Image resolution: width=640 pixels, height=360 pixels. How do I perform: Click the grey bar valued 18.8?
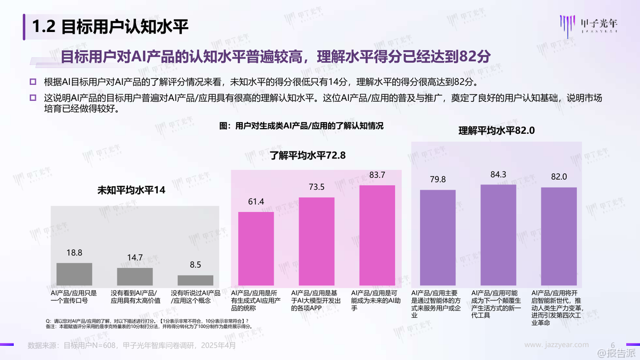[74, 274]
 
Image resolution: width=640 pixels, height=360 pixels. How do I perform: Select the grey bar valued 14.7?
[135, 276]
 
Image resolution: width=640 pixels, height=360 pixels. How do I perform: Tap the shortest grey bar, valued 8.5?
[195, 280]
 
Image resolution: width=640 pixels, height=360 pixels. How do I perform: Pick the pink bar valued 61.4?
[256, 249]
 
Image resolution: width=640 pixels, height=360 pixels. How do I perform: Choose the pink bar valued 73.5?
[317, 241]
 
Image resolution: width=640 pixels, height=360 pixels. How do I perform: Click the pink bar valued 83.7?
[377, 235]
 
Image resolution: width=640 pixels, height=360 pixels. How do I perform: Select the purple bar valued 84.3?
[499, 235]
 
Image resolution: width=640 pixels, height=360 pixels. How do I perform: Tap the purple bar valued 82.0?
[559, 236]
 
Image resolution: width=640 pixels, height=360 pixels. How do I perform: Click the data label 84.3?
[499, 174]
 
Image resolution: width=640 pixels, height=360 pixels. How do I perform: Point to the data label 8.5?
[195, 265]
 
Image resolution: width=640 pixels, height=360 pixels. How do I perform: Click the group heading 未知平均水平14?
[131, 190]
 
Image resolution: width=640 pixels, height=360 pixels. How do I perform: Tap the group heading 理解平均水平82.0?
[497, 130]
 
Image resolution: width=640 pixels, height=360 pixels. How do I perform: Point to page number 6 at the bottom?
[613, 345]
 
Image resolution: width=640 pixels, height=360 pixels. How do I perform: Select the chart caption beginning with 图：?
[301, 126]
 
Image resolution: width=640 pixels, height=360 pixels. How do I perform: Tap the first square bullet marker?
[33, 82]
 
